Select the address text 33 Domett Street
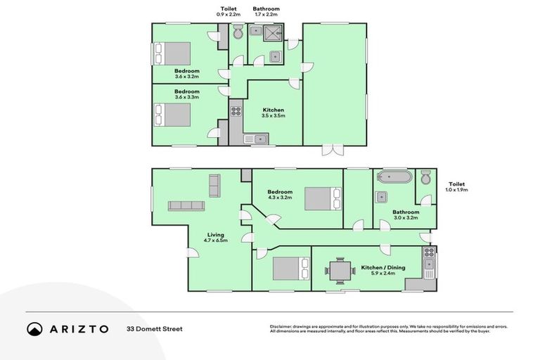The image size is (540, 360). click(x=154, y=329)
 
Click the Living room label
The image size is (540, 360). click(x=216, y=238)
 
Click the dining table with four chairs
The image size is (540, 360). click(x=340, y=269)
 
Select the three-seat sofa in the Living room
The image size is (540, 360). click(x=186, y=206)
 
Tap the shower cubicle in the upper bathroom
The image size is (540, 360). click(x=274, y=32)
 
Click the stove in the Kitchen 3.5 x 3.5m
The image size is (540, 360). click(x=236, y=110)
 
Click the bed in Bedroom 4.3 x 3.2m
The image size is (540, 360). click(x=322, y=199)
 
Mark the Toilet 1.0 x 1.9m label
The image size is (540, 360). click(x=457, y=187)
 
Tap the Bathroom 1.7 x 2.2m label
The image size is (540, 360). click(x=266, y=11)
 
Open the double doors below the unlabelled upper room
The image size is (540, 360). click(x=333, y=150)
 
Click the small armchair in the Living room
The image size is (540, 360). click(x=214, y=185)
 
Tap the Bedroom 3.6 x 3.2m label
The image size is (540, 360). click(x=187, y=74)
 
